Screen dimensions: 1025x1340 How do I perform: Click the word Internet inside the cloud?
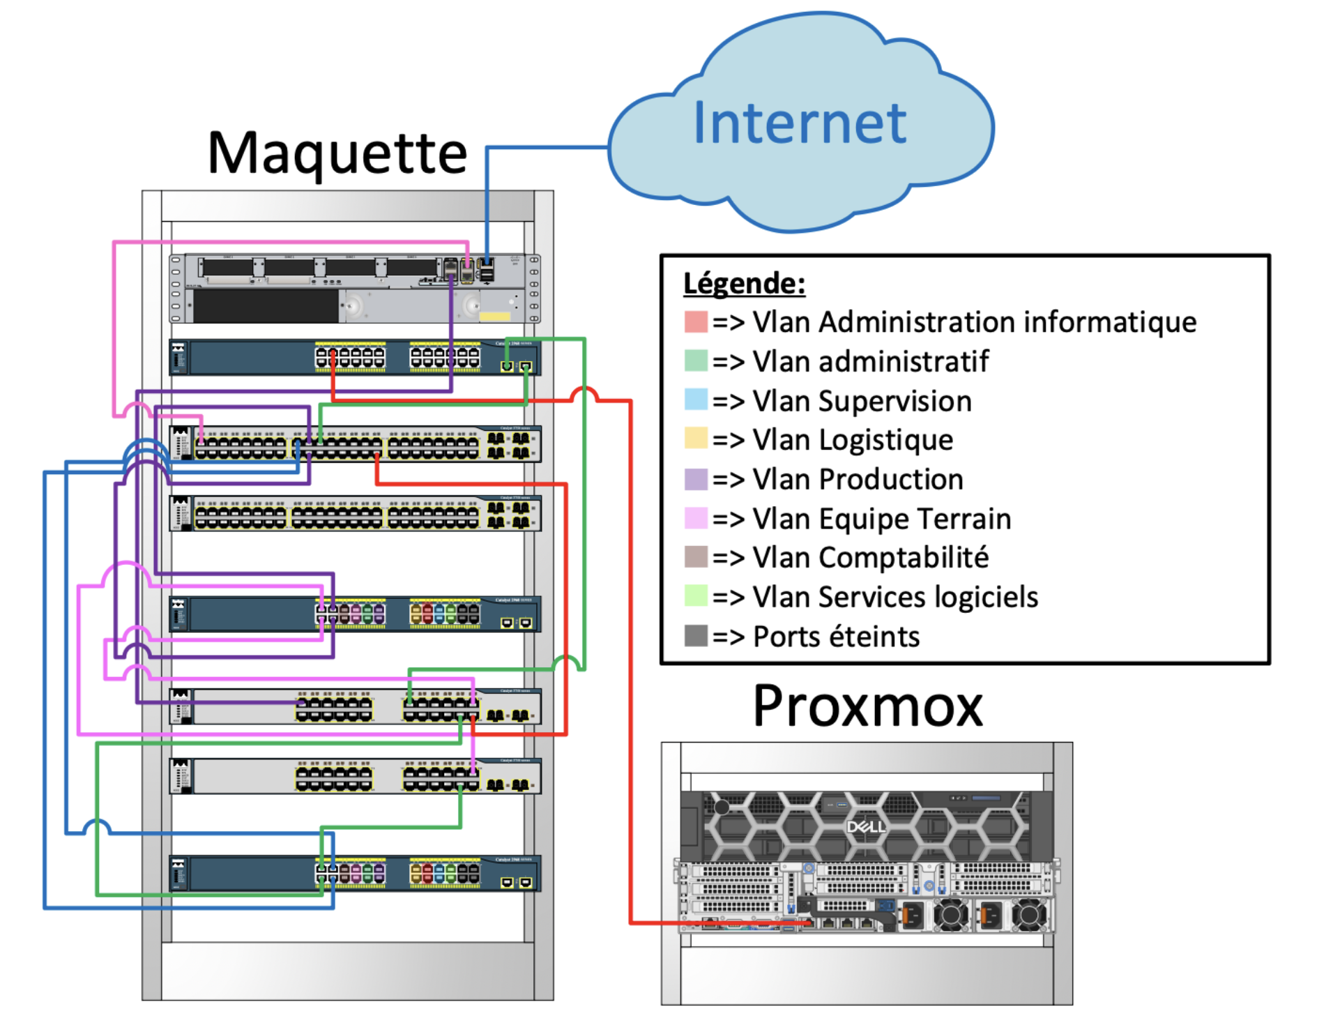click(800, 123)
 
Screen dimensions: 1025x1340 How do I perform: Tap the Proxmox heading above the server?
click(867, 707)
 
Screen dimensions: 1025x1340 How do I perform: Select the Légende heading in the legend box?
click(744, 284)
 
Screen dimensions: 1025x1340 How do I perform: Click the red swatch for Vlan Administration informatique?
click(696, 322)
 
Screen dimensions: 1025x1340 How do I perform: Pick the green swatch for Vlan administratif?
click(696, 361)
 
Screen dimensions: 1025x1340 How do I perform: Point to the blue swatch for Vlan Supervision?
click(696, 400)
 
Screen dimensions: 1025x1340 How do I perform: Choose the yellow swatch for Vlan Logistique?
click(696, 439)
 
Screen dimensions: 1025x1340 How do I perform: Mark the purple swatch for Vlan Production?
click(696, 479)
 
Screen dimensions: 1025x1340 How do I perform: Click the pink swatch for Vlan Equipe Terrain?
click(696, 518)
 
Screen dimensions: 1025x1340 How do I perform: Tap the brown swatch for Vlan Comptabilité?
click(696, 557)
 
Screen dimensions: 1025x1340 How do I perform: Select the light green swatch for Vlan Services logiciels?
click(696, 596)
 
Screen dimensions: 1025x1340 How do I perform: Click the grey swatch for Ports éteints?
click(696, 636)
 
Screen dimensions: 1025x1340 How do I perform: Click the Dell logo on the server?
click(866, 827)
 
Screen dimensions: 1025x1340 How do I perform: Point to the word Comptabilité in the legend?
click(904, 558)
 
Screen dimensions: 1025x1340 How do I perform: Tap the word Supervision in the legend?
click(894, 402)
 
